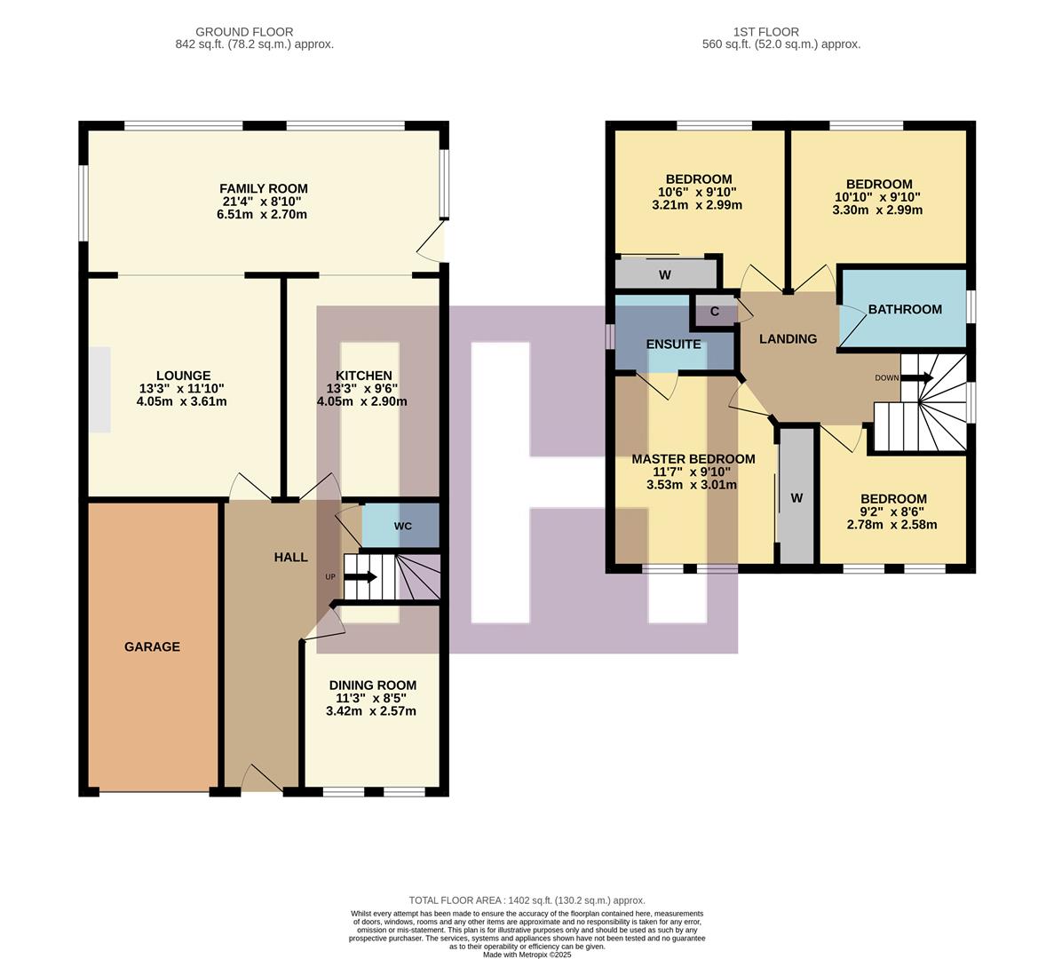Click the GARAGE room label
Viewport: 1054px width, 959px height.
click(152, 646)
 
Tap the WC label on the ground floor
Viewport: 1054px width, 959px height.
click(403, 526)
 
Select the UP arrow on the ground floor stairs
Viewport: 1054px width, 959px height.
click(359, 577)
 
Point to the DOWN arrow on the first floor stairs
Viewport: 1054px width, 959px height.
click(915, 377)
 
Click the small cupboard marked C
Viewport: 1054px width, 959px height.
click(715, 312)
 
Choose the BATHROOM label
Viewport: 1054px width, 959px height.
click(905, 309)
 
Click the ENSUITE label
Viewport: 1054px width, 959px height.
click(673, 344)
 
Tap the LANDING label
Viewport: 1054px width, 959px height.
click(788, 338)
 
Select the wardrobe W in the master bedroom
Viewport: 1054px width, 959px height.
click(796, 498)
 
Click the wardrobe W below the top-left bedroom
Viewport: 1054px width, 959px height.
click(665, 274)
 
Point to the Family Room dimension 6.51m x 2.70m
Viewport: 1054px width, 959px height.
click(264, 214)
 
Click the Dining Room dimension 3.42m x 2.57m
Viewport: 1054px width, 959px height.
click(372, 711)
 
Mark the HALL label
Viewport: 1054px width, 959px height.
click(290, 557)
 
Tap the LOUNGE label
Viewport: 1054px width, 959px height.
click(183, 376)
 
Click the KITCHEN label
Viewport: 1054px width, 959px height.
click(363, 376)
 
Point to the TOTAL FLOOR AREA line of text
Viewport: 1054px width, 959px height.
click(527, 900)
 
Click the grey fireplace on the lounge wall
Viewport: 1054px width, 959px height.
click(99, 390)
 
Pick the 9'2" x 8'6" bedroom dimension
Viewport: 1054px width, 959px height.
click(893, 511)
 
